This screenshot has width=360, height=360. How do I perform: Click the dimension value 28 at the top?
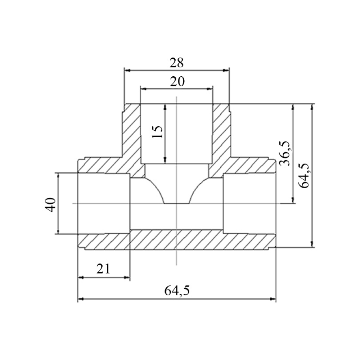[176, 63]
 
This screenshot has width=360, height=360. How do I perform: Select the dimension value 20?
[177, 81]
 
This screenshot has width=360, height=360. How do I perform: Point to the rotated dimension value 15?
[157, 132]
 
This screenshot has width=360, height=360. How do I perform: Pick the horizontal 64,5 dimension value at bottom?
[177, 291]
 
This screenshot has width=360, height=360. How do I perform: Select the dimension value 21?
[103, 269]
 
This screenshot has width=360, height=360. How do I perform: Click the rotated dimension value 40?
[50, 204]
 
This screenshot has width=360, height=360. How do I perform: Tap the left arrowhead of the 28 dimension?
[127, 70]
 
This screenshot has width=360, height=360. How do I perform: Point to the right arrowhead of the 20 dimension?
[210, 89]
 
